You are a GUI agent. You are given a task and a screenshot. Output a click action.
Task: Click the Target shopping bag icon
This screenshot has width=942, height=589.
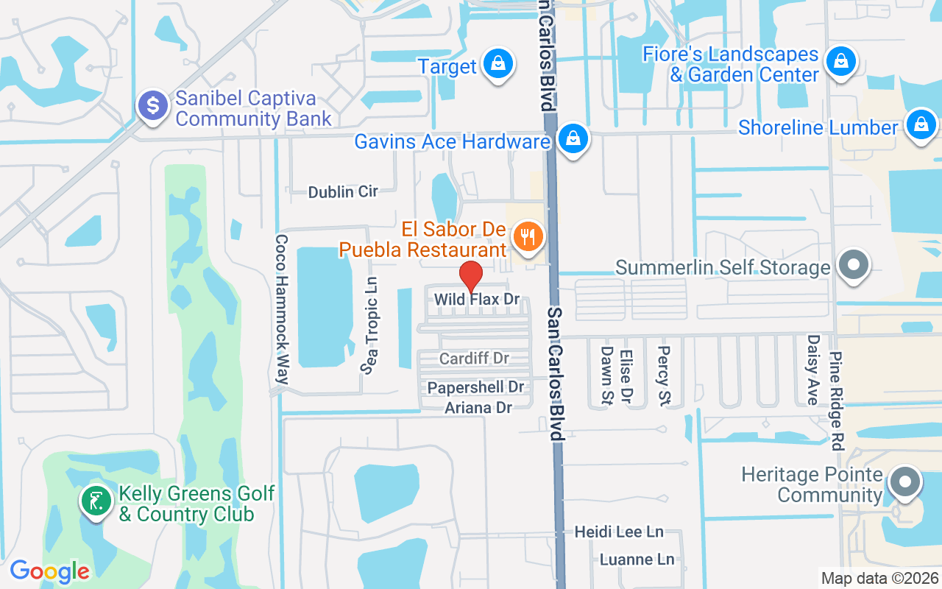click(498, 64)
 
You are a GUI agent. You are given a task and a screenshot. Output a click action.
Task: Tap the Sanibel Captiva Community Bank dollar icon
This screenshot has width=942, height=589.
click(153, 105)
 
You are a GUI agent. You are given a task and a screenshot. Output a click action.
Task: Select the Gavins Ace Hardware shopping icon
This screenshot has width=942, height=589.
click(571, 138)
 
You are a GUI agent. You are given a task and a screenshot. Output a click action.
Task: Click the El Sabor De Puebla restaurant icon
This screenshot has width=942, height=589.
click(527, 237)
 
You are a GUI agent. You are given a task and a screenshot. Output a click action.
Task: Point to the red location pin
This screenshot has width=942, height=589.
click(470, 277)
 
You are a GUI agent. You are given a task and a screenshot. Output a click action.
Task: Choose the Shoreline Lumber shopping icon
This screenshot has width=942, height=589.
click(921, 124)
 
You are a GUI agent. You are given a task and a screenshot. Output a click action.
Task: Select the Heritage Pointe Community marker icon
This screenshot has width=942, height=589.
click(904, 484)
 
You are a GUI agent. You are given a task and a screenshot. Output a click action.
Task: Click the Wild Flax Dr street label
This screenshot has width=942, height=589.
click(477, 300)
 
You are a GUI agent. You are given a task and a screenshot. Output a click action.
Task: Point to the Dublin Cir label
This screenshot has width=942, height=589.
click(343, 192)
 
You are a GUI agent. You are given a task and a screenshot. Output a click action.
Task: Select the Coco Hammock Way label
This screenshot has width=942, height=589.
click(281, 309)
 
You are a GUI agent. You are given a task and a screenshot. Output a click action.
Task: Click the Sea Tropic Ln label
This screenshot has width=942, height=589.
click(371, 325)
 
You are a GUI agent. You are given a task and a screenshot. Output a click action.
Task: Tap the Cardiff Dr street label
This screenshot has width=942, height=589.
click(474, 359)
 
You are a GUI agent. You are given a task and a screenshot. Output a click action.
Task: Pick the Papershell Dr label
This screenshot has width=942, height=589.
click(475, 387)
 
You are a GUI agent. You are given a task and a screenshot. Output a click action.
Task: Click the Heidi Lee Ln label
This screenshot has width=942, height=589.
click(619, 532)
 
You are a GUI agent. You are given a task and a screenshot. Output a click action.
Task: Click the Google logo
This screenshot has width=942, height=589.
click(49, 571)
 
